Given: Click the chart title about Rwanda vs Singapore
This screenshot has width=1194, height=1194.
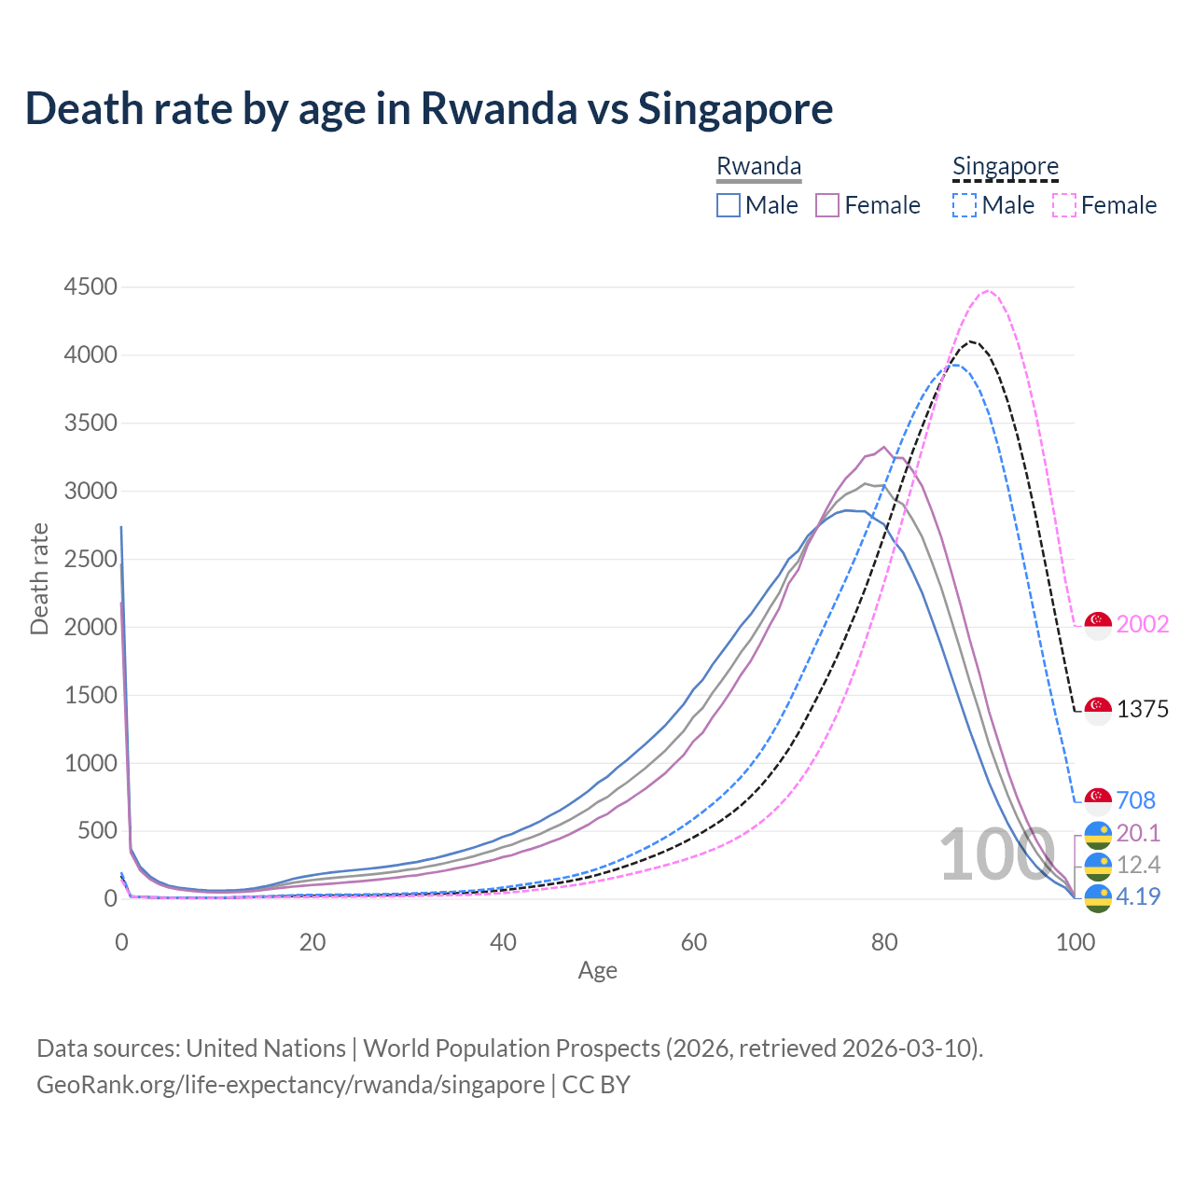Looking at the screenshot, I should click(429, 108).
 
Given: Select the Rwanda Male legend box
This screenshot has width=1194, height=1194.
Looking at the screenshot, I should click(729, 205).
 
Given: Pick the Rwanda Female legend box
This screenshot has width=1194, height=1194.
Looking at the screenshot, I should click(827, 205).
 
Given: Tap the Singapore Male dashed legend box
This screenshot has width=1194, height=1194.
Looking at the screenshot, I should click(965, 205).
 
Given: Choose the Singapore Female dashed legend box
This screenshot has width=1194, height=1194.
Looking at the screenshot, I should click(1064, 205).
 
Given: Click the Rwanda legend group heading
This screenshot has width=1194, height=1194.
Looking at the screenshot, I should click(758, 166).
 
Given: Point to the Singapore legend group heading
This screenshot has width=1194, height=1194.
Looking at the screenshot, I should click(1005, 166).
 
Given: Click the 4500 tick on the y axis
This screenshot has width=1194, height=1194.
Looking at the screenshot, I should click(90, 286).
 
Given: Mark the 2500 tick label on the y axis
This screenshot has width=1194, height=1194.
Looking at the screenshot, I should click(90, 559).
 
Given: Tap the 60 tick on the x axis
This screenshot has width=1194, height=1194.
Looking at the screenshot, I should click(694, 942).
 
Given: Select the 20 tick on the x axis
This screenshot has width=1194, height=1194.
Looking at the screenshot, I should click(312, 942).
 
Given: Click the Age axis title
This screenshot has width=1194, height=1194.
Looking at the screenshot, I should click(597, 970).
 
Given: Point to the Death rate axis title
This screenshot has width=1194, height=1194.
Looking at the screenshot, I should click(39, 578).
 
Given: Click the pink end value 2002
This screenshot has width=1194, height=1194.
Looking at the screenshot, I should click(1142, 624).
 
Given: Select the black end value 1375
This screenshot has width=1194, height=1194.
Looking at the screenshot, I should click(1142, 709).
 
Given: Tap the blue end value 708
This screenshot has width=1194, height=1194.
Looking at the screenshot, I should click(1135, 800).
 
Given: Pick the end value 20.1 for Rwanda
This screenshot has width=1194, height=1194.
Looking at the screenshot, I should click(1138, 833).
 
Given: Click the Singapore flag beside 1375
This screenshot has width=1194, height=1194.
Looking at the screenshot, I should click(1098, 710).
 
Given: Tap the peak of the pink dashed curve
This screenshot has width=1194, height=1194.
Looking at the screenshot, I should click(989, 291).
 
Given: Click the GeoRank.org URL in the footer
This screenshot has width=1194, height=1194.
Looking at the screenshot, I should click(290, 1085).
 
